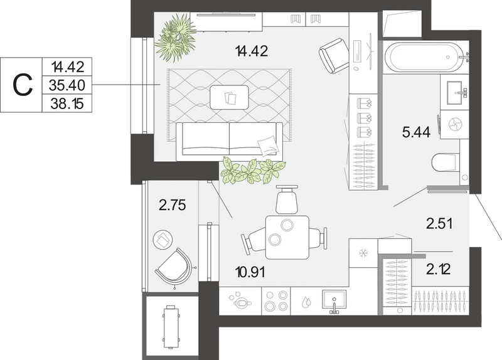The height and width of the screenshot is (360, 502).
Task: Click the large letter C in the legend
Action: [x=23, y=85]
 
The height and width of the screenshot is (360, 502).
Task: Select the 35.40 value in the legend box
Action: [x=67, y=85]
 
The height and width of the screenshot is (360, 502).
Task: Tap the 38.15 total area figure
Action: [x=67, y=103]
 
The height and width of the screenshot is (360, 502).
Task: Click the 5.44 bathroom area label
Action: [x=416, y=132]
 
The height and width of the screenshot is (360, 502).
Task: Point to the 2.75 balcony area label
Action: [x=172, y=205]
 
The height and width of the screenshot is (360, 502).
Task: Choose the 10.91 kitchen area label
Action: [x=250, y=273]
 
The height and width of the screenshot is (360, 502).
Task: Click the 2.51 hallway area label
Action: [x=439, y=223]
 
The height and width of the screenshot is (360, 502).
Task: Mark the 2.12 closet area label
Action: [x=438, y=269]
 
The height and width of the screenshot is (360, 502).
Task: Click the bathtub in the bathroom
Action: [x=423, y=57]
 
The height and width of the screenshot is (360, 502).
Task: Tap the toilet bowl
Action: [x=445, y=162]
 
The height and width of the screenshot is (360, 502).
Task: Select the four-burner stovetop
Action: [x=276, y=301]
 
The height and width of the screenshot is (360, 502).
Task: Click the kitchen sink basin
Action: [x=334, y=300]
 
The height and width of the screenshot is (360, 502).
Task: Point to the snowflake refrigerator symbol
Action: [x=363, y=253]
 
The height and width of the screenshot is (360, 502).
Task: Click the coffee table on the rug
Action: [x=230, y=97]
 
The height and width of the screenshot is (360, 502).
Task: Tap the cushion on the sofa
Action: [x=267, y=146]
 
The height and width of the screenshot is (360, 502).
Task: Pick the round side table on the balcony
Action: [x=163, y=239]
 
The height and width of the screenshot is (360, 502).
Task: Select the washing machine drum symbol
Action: [x=454, y=125]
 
